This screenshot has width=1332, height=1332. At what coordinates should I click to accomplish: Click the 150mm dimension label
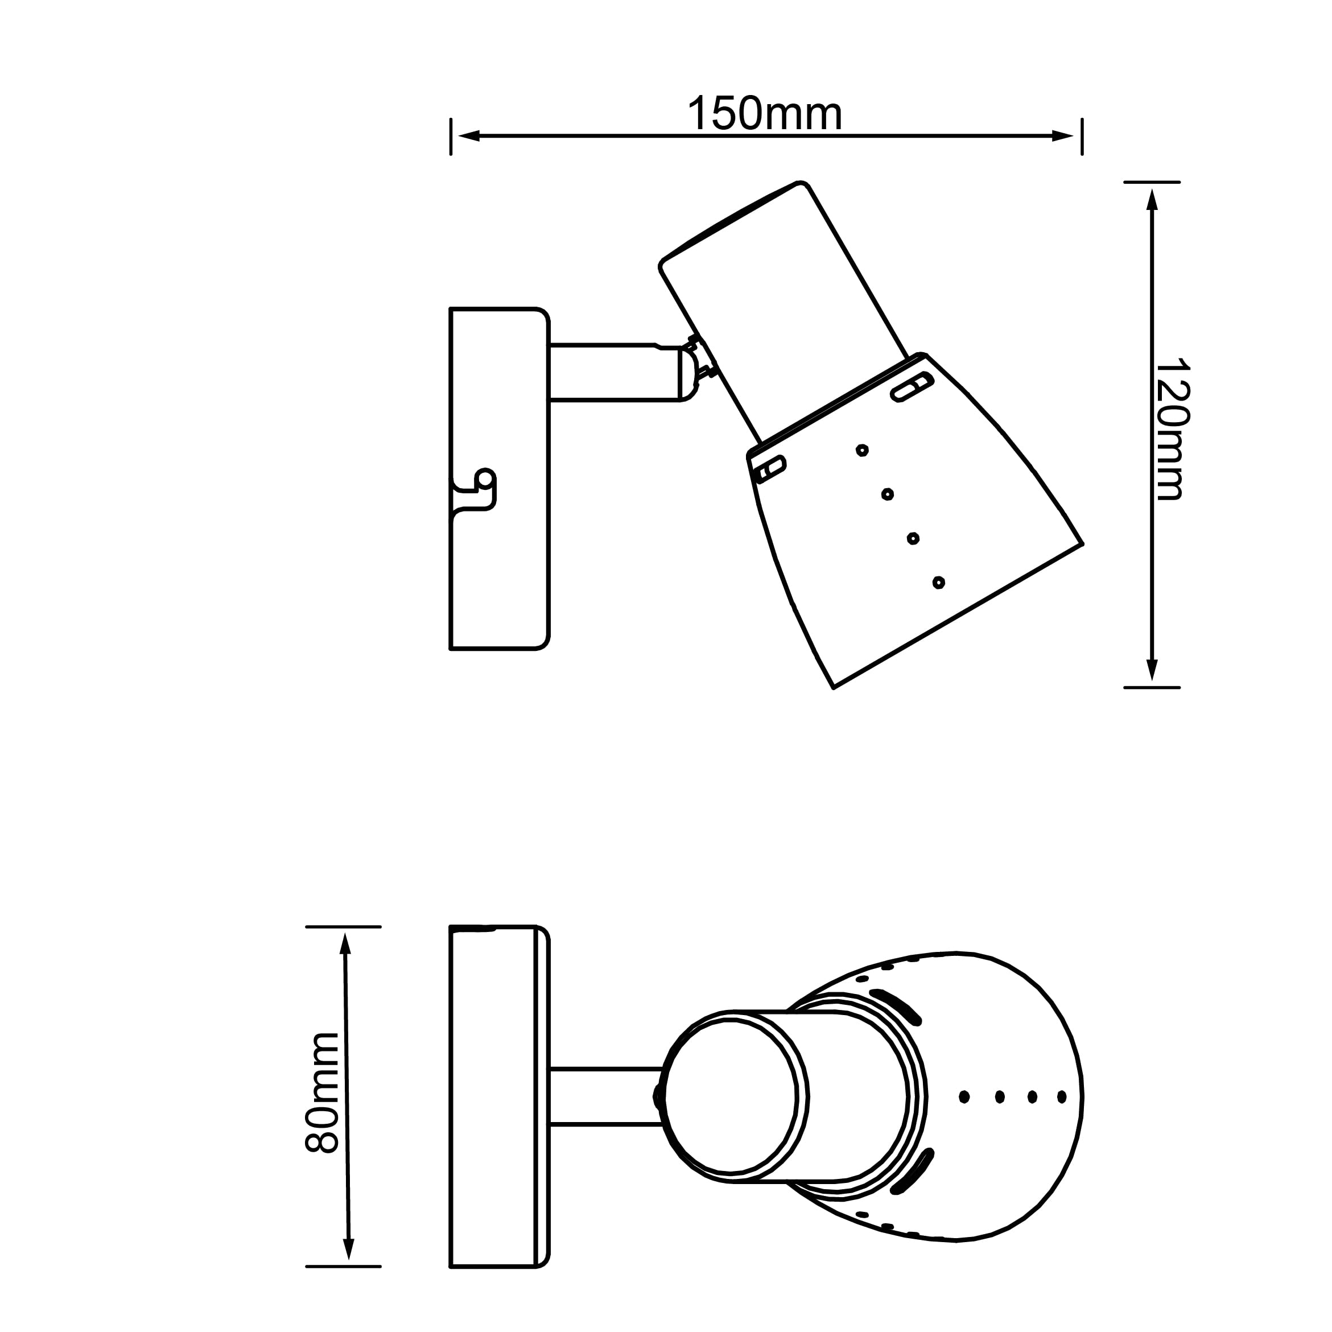pos(765,114)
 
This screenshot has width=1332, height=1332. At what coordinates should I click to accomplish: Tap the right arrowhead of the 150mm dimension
pos(1062,136)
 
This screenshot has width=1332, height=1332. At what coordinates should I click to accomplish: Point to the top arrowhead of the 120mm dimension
pos(1152,199)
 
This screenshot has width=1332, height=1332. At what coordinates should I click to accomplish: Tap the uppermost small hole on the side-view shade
pos(862,450)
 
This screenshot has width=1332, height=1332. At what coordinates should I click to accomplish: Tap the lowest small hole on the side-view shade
pos(938,583)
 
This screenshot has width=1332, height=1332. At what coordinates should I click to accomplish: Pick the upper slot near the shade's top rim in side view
pos(912,387)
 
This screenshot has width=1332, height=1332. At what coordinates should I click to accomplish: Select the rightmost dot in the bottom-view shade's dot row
pos(1062,1097)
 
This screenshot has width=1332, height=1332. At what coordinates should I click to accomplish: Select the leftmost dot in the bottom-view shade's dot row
pos(964,1097)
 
